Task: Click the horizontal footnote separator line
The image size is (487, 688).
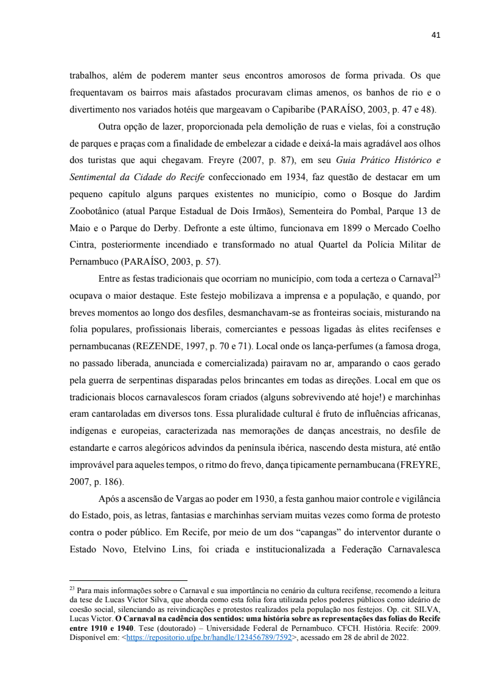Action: (x=128, y=580)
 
